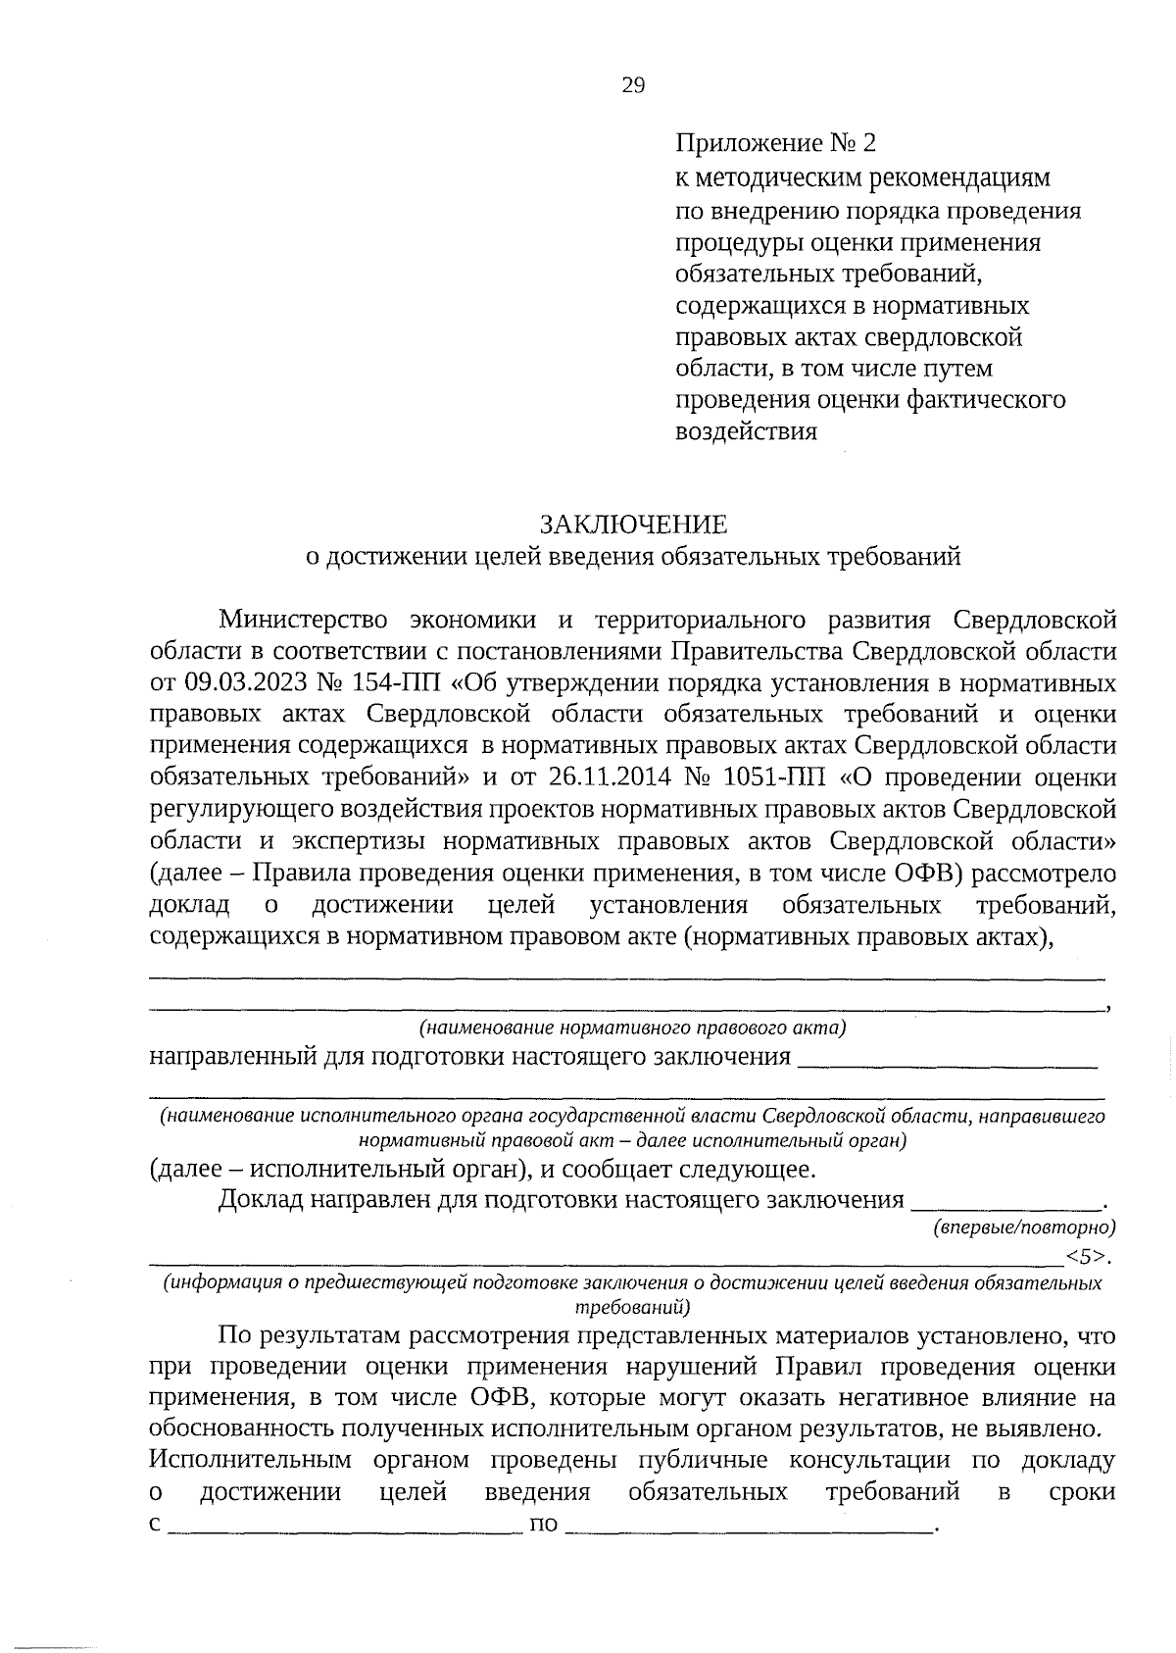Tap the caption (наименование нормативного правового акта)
click(633, 1027)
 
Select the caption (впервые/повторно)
click(1024, 1226)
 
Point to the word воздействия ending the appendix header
click(746, 431)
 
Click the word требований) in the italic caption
click(633, 1307)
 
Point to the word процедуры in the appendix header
click(735, 241)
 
